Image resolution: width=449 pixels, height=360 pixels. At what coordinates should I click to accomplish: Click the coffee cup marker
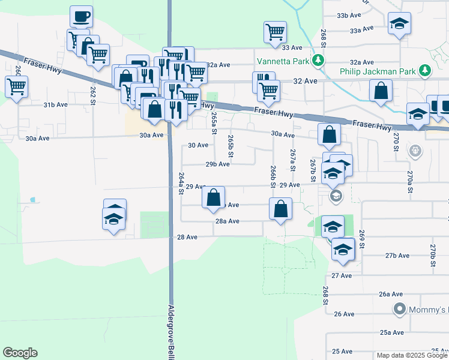81,16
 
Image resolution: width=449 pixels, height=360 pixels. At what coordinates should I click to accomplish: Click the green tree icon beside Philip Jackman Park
426,71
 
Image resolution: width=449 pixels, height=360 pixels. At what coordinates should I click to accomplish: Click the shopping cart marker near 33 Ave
275,31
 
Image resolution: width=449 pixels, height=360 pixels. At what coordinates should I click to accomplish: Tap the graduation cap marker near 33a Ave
399,24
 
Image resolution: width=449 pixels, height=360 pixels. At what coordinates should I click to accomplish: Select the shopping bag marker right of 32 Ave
381,91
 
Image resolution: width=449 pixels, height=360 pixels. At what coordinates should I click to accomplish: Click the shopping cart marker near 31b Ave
16,86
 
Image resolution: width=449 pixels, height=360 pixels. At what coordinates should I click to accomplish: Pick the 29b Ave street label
217,164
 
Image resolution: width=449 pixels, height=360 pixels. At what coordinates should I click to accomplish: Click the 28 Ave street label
187,237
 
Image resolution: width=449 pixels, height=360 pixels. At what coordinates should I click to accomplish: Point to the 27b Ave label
397,256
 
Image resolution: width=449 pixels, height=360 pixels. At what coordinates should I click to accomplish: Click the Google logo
20,352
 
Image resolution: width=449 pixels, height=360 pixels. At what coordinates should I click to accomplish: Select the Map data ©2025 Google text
412,355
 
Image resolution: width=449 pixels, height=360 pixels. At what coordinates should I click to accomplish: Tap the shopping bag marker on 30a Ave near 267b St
329,135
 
